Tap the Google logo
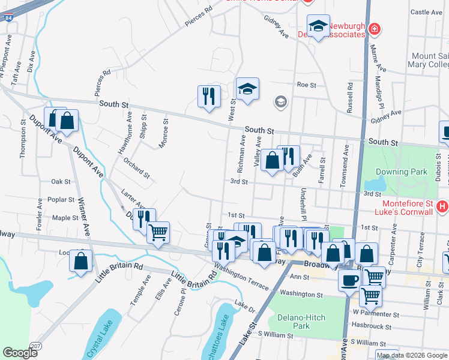click(20, 353)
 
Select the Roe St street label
click(306, 85)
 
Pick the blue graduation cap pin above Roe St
click(247, 89)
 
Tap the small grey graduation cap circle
click(280, 101)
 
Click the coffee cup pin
click(349, 280)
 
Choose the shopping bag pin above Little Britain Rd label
click(80, 261)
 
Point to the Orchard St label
click(136, 169)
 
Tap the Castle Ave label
click(426, 12)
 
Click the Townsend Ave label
click(344, 157)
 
